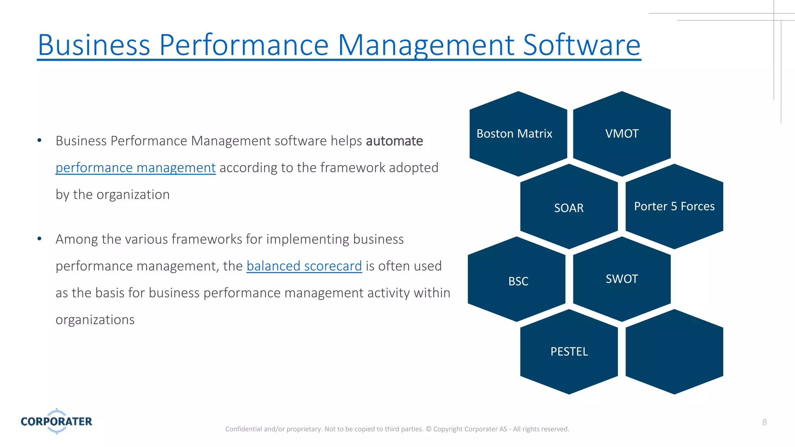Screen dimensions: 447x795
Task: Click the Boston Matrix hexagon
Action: [518, 134]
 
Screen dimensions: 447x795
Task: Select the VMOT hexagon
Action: [621, 134]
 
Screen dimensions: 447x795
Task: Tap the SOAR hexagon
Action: [569, 208]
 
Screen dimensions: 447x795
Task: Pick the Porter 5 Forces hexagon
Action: [674, 206]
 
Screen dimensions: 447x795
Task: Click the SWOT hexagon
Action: [621, 279]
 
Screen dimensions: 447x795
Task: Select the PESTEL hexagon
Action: [569, 352]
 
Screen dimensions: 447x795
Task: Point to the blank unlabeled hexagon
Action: [674, 352]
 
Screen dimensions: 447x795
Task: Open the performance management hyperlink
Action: [135, 168]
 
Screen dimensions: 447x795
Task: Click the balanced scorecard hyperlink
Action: [304, 266]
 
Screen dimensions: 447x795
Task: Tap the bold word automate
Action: [394, 141]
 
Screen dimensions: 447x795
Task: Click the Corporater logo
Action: [57, 421]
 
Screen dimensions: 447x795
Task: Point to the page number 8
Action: [764, 422]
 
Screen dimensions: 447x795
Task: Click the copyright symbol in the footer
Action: [429, 429]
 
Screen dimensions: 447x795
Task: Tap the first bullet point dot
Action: [39, 140]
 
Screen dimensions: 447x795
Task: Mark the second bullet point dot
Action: [39, 239]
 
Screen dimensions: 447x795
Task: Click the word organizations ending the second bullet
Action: [95, 320]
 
